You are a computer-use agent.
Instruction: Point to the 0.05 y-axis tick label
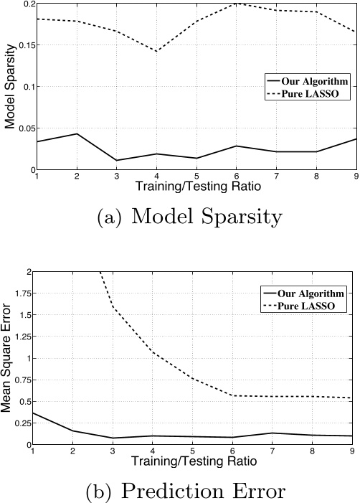click(x=25, y=128)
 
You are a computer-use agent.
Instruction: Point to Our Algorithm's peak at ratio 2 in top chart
click(x=77, y=133)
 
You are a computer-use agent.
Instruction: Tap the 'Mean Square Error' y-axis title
click(x=10, y=359)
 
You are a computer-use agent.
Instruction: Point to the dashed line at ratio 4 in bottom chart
click(x=157, y=352)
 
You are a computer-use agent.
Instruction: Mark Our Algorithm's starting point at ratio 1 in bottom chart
click(x=37, y=413)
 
